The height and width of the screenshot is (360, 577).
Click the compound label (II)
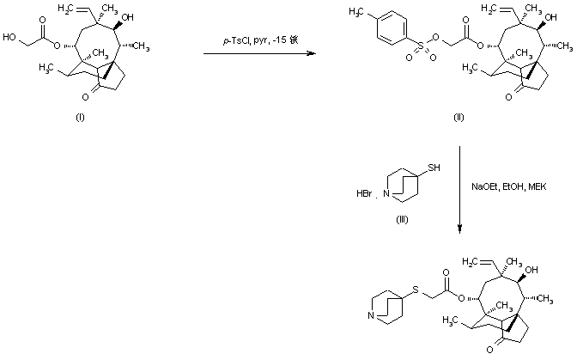click(x=459, y=116)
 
